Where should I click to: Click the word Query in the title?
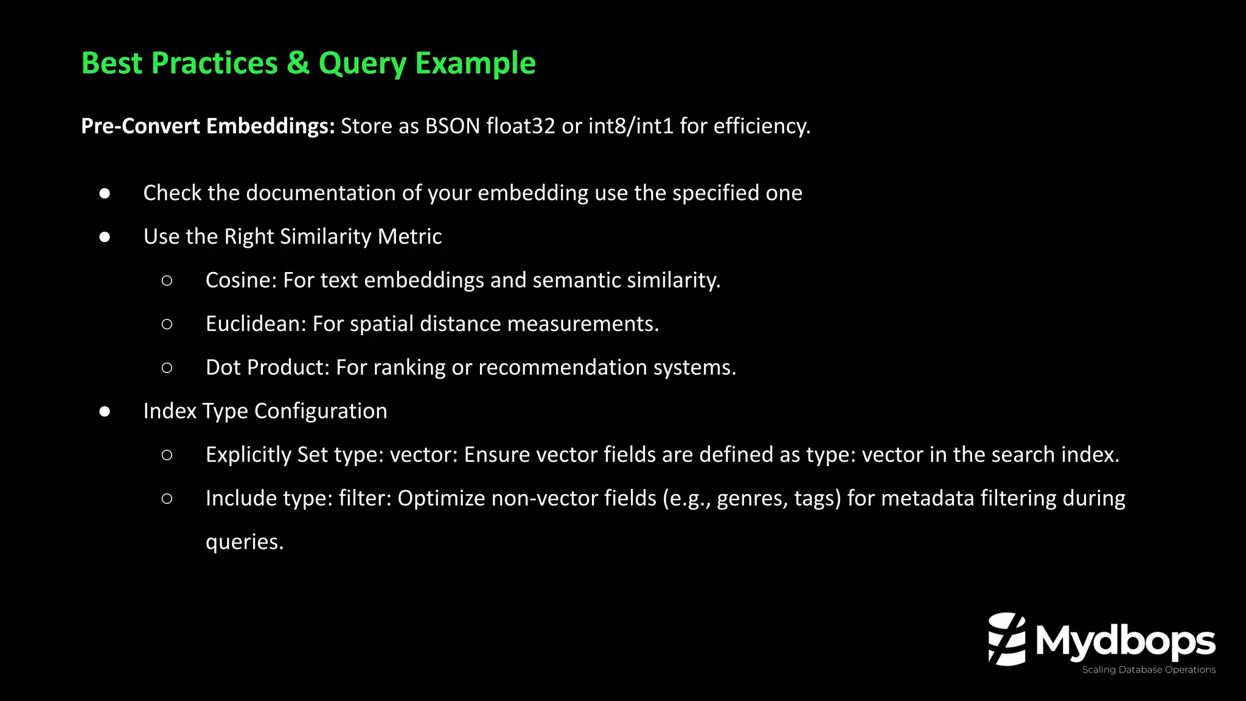click(362, 63)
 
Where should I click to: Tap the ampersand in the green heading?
click(298, 63)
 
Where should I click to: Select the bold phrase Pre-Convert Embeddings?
click(208, 126)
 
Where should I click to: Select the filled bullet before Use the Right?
click(105, 237)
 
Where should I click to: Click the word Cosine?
click(241, 281)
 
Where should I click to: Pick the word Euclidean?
click(256, 324)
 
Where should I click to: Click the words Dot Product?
click(268, 368)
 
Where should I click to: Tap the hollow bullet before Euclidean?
click(167, 324)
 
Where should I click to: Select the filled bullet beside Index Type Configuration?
click(105, 411)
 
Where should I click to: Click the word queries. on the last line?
click(245, 542)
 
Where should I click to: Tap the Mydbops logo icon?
click(1007, 639)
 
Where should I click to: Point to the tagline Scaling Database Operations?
click(1149, 670)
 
